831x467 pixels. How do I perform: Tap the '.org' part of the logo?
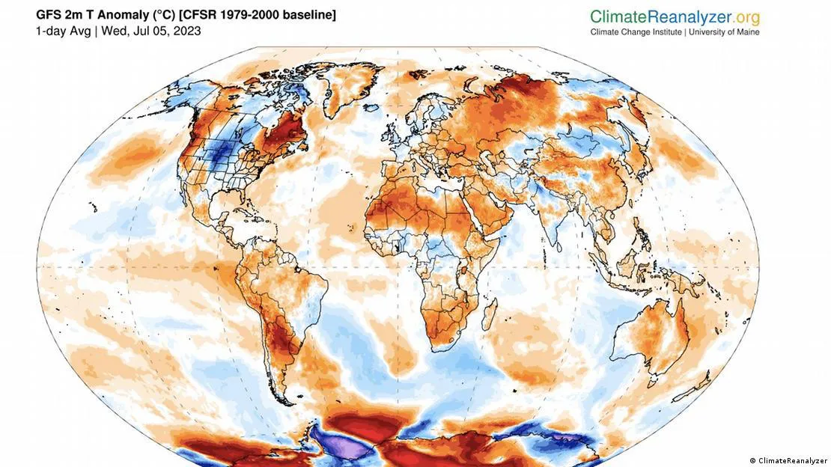tap(742, 16)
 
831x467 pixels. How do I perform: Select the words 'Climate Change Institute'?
tap(636, 32)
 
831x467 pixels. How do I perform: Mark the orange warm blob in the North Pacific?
tap(124, 158)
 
